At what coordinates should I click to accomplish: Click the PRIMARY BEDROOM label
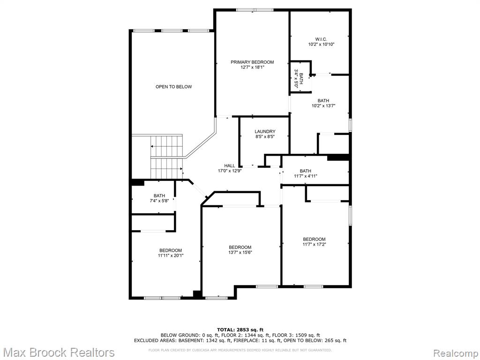point(252,62)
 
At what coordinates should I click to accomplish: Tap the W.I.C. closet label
point(321,39)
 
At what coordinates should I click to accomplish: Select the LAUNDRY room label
point(265,132)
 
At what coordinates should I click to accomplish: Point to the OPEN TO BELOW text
point(173,87)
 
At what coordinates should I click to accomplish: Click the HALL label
point(230,166)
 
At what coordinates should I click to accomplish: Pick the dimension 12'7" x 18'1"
point(252,67)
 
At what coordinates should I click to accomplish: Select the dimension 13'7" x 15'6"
point(240,253)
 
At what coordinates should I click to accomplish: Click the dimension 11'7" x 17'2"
point(315,244)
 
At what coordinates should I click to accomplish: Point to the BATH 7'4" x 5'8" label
point(159,198)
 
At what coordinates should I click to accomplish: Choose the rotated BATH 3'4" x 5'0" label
point(299,79)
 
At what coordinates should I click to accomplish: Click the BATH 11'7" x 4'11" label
point(306,173)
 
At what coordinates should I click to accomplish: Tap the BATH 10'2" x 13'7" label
point(323,103)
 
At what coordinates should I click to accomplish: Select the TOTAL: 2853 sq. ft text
point(240,330)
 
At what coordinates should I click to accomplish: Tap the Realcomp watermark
point(456,353)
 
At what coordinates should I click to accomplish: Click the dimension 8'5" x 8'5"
point(265,137)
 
